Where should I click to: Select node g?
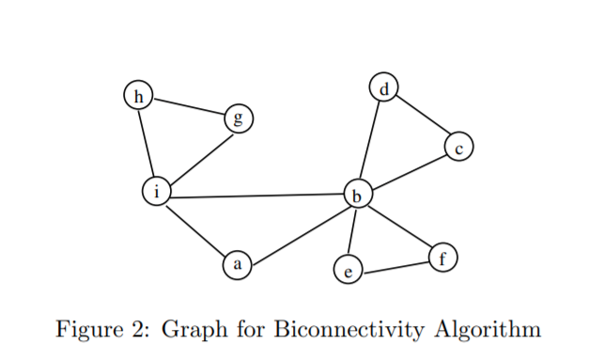pyautogui.click(x=238, y=119)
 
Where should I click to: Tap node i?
pyautogui.click(x=156, y=192)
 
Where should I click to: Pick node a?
pyautogui.click(x=238, y=266)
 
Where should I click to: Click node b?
pyautogui.click(x=357, y=196)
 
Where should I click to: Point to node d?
pyautogui.click(x=383, y=88)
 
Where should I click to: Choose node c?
pyautogui.click(x=458, y=148)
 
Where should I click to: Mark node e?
pyautogui.click(x=348, y=273)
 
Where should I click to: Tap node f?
pyautogui.click(x=443, y=258)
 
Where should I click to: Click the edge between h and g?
pyautogui.click(x=188, y=107)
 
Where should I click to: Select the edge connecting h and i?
pyautogui.click(x=147, y=143)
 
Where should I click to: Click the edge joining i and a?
pyautogui.click(x=196, y=229)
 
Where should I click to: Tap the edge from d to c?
pyautogui.click(x=421, y=118)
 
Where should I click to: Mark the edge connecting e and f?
pyautogui.click(x=395, y=266)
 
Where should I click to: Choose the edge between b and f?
pyautogui.click(x=400, y=227)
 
